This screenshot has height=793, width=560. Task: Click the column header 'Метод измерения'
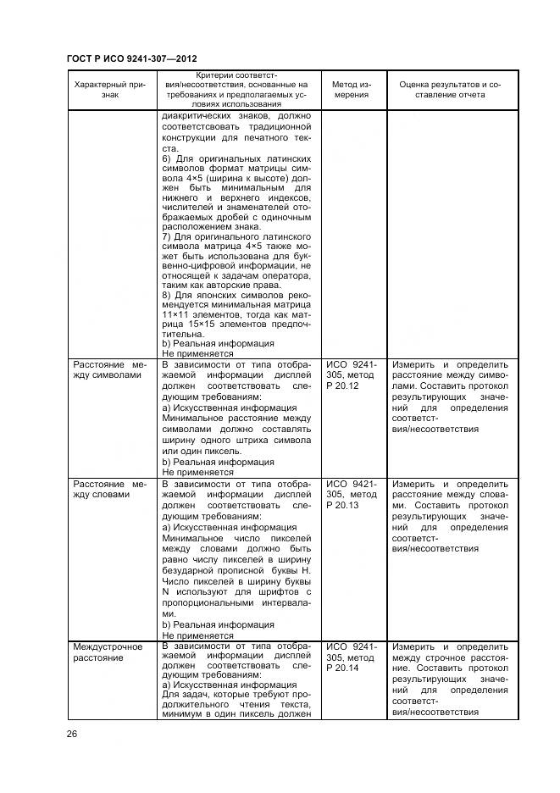[x=350, y=90]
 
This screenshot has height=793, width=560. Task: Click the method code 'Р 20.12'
[x=343, y=385]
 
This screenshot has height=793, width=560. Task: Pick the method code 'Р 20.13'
[x=343, y=505]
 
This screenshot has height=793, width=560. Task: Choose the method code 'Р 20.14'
[x=343, y=668]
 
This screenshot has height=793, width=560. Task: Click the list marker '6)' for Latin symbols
[x=167, y=159]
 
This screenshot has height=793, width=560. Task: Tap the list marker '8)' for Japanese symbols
[x=167, y=293]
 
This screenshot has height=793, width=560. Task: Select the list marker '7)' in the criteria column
[x=167, y=236]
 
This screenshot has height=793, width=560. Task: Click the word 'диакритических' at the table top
[x=201, y=116]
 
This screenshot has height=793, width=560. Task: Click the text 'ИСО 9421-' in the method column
[x=351, y=483]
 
